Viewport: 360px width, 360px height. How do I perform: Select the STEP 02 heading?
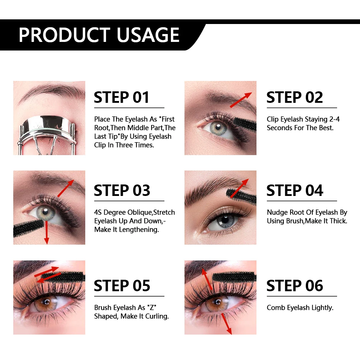pyautogui.click(x=294, y=97)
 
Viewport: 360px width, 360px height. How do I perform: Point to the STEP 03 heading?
pyautogui.click(x=122, y=191)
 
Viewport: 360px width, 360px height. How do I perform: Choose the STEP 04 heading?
pyautogui.click(x=294, y=191)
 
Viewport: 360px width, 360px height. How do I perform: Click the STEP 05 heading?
pyautogui.click(x=122, y=286)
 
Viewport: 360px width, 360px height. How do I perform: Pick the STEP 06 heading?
pyautogui.click(x=294, y=286)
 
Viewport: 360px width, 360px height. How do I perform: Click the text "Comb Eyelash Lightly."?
pyautogui.click(x=300, y=308)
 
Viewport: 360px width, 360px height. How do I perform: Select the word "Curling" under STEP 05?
pyautogui.click(x=157, y=316)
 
